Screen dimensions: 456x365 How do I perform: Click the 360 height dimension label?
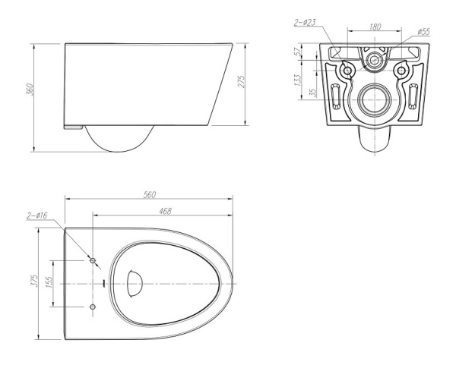[x=30, y=90]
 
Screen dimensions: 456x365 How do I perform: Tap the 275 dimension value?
[x=242, y=81]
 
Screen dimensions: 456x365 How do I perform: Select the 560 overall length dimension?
[x=150, y=194]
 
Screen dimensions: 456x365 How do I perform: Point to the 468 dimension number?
[x=165, y=211]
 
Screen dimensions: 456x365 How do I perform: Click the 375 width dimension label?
[x=34, y=281]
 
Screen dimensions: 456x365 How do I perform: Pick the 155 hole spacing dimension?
[x=49, y=282]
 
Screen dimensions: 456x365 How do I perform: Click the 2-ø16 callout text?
[x=37, y=216]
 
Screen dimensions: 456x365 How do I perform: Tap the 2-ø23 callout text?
[x=305, y=23]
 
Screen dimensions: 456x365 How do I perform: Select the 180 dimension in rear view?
[x=375, y=27]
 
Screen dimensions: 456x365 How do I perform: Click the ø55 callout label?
[x=423, y=31]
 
